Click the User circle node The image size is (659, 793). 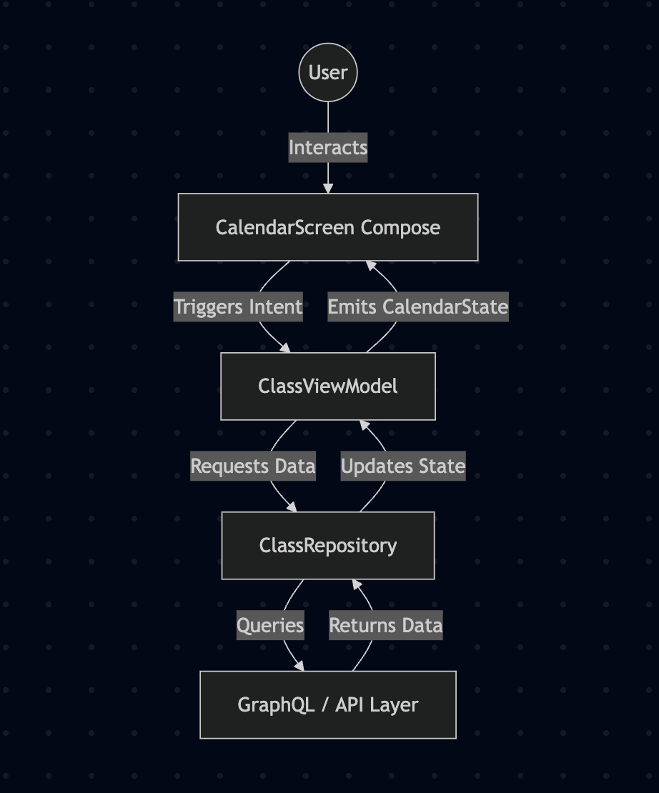pos(328,72)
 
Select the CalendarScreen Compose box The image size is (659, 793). pos(328,227)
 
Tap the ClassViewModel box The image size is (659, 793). pos(328,386)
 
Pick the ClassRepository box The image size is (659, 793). pos(328,546)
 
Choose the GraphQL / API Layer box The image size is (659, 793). pos(328,705)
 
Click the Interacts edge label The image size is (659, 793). pos(328,148)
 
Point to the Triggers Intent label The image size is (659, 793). pos(239,307)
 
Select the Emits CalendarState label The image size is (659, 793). pos(418,307)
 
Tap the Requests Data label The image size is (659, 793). pos(253,467)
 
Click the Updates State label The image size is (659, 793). pos(403,467)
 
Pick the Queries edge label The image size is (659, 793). pos(270,626)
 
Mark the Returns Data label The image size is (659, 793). pos(386,626)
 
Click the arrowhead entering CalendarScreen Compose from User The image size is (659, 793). pos(328,189)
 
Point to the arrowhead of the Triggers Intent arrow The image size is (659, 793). pos(286,348)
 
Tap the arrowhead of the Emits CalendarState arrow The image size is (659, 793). pos(370,265)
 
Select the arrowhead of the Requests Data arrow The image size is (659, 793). pos(292,507)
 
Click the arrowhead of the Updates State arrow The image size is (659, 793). pos(364,424)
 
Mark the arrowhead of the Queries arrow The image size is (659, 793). pos(299,667)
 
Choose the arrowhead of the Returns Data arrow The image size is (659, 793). pos(356,584)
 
